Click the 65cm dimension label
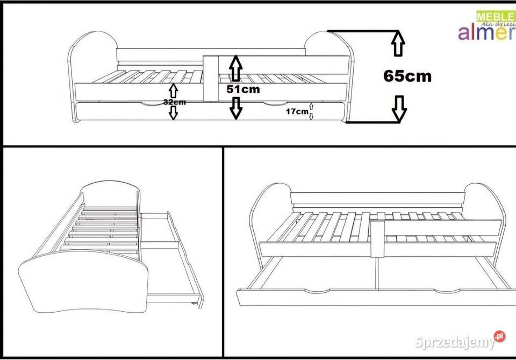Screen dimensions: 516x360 coord(407,76)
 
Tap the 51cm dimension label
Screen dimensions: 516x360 coord(243,89)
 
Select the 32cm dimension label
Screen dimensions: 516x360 coord(174,102)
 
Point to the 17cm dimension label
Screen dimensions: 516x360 coord(297,112)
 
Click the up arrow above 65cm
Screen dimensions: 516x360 coord(398,43)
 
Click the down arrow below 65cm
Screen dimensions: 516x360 coord(399,109)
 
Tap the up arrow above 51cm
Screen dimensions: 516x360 coord(235,68)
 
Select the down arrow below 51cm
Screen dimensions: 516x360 coord(235,108)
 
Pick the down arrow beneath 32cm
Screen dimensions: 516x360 coord(173,113)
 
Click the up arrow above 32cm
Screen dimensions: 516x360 coord(173,91)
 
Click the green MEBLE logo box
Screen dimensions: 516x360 coord(496,16)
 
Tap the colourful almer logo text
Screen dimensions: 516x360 coord(487,32)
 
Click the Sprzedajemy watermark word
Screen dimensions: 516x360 coord(455,342)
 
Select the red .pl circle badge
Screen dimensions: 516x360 coord(499,336)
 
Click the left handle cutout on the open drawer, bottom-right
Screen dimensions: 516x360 coord(317,291)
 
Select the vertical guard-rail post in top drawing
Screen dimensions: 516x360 coord(211,78)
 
